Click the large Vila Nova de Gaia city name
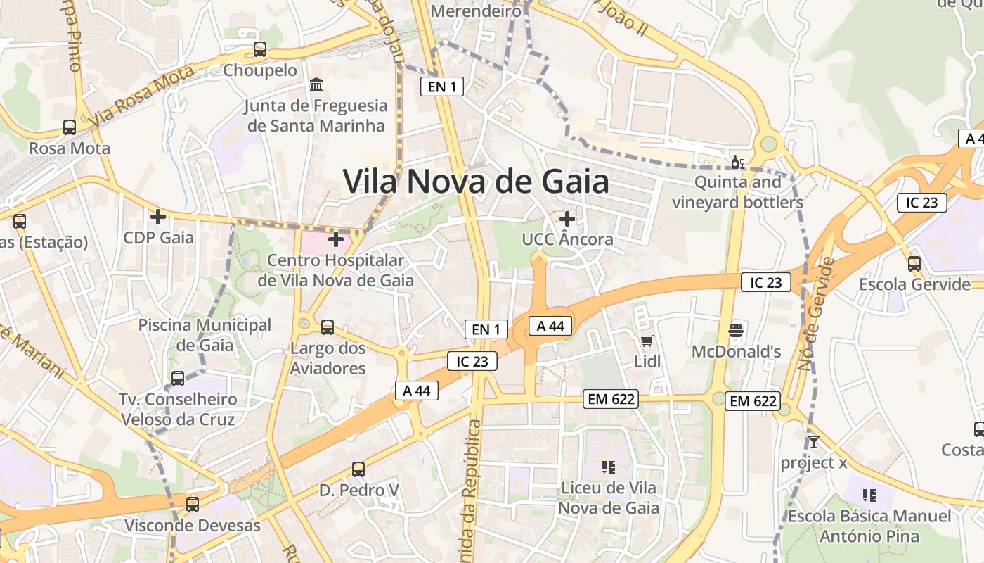pos(476,182)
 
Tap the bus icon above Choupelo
pos(260,49)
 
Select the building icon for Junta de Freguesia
pos(316,84)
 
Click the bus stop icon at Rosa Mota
pos(70,127)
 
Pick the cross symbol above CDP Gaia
pos(158,216)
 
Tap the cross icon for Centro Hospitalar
pos(336,239)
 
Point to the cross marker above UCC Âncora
pos(567,219)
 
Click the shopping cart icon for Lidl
pos(647,341)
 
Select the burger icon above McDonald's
pos(736,330)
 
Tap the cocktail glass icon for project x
pos(814,442)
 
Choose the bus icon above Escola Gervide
pos(914,264)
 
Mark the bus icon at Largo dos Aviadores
pos(328,327)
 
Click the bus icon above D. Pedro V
pos(358,469)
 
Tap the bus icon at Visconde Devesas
pos(193,505)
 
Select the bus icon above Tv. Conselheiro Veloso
pos(178,379)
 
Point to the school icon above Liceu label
pos(609,467)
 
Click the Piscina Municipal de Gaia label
pos(205,335)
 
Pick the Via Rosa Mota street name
pos(143,95)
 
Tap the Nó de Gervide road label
pos(815,314)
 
